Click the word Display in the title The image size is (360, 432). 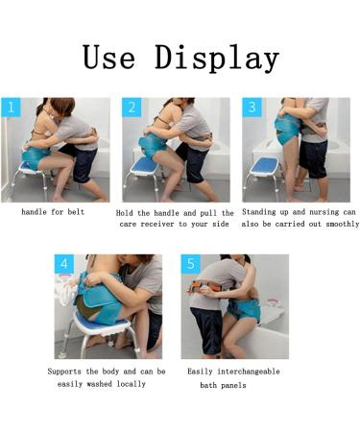coord(217,60)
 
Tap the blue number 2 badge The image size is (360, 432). coord(131,108)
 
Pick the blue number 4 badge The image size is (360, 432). coord(64,264)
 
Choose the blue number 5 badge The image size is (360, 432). coord(190,264)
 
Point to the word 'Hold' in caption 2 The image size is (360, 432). coord(126,211)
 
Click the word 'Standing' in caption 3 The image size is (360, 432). coord(260,211)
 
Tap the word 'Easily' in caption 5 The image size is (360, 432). coord(203,371)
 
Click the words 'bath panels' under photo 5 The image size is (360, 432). coord(223,384)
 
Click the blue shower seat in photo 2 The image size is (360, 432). coord(148,165)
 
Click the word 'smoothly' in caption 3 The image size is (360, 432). coord(338,224)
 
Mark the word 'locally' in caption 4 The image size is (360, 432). coord(130,384)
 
